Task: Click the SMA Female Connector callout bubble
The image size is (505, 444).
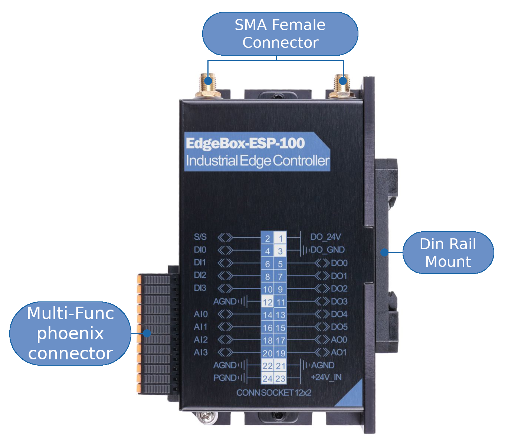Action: pyautogui.click(x=280, y=34)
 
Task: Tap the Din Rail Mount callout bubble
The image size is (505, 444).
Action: pyautogui.click(x=448, y=253)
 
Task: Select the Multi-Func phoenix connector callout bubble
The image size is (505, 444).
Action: pyautogui.click(x=70, y=333)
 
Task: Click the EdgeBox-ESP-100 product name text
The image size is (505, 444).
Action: pyautogui.click(x=245, y=143)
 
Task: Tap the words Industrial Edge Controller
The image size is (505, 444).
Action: pyautogui.click(x=258, y=161)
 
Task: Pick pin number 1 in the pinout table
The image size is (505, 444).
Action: pyautogui.click(x=281, y=238)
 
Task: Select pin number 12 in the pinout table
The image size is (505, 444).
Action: pyautogui.click(x=268, y=302)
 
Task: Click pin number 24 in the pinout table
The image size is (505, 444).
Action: pyautogui.click(x=268, y=379)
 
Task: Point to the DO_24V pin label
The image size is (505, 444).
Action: pyautogui.click(x=325, y=237)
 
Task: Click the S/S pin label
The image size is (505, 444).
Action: pyautogui.click(x=200, y=237)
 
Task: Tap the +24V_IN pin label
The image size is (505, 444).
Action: pyautogui.click(x=326, y=378)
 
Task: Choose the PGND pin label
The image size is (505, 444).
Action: pyautogui.click(x=224, y=378)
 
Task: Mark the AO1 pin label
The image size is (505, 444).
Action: pyautogui.click(x=339, y=352)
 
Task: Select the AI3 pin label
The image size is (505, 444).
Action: pyautogui.click(x=201, y=352)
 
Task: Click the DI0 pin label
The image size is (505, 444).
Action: pyautogui.click(x=200, y=250)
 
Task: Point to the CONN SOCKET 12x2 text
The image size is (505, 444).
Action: pyautogui.click(x=274, y=393)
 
